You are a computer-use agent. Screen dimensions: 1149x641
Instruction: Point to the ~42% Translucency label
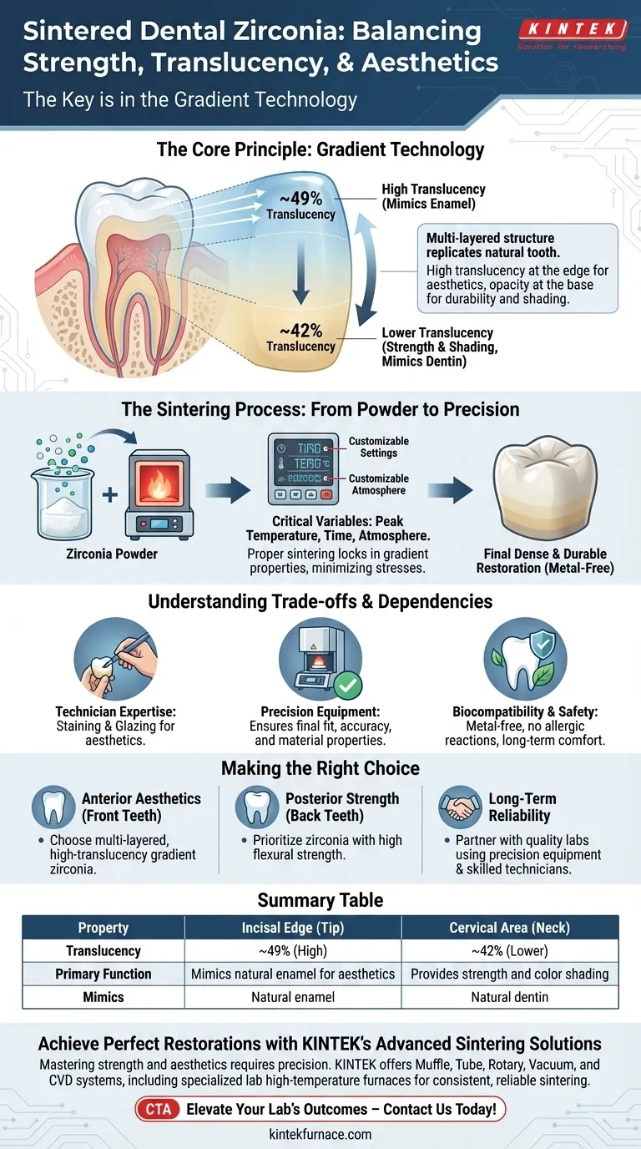[300, 338]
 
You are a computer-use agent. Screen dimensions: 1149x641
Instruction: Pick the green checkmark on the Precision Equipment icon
[346, 686]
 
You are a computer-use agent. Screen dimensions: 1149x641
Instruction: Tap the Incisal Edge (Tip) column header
[293, 928]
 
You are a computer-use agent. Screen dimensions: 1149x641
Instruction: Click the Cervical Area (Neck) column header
[510, 928]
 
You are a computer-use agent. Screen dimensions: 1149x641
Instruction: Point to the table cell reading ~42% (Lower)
[510, 950]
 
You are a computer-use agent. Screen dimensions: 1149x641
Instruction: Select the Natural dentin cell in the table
[510, 996]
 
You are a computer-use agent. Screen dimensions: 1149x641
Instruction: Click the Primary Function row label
[103, 974]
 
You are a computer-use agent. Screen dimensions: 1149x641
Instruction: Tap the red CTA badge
[157, 1110]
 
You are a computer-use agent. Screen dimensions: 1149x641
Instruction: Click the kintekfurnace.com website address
[320, 1134]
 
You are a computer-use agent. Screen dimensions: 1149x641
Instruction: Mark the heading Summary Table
[320, 900]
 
